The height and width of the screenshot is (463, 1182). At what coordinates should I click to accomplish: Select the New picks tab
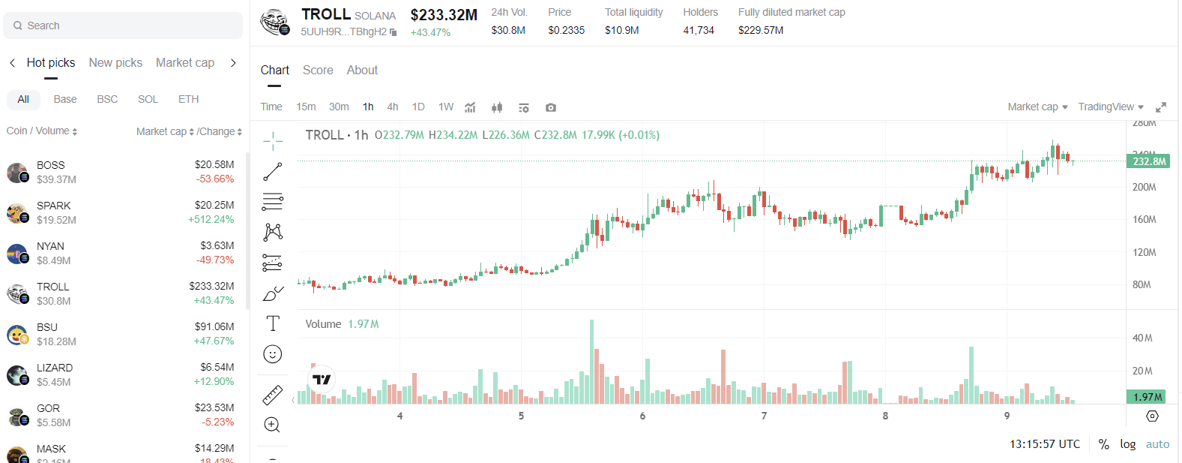[x=115, y=63]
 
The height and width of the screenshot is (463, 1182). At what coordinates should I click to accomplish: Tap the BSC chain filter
[x=107, y=99]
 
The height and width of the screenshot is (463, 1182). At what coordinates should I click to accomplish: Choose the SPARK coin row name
[x=54, y=206]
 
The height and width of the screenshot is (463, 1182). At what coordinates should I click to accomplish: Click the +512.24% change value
[x=211, y=220]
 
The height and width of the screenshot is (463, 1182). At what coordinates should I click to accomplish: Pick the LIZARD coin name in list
[x=55, y=368]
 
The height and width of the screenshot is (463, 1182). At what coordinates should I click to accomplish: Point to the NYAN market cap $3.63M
[x=217, y=245]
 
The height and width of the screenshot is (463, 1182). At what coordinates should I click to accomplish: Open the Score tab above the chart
[x=318, y=70]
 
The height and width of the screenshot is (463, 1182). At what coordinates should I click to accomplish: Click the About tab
[x=362, y=70]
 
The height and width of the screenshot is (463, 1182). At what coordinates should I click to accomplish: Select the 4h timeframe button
[x=393, y=107]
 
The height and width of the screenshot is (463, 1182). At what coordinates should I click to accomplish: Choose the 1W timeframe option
[x=446, y=107]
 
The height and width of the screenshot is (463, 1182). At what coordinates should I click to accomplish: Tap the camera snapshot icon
[x=551, y=107]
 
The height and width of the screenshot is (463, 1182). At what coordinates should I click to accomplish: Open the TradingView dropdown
[x=1111, y=107]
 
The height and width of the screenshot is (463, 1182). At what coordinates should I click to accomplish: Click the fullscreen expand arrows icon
[x=1161, y=107]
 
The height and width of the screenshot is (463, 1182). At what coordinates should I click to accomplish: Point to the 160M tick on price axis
[x=1144, y=220]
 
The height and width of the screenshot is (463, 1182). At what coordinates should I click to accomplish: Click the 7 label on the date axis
[x=764, y=416]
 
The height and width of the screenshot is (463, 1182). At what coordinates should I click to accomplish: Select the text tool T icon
[x=273, y=323]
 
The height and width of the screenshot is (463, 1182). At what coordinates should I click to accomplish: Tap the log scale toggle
[x=1127, y=444]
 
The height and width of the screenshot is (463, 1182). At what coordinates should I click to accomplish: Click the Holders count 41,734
[x=699, y=30]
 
